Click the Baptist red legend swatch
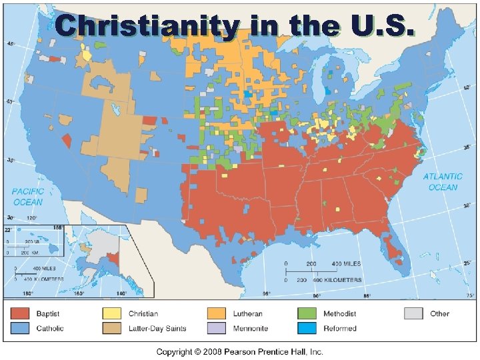click(21, 313)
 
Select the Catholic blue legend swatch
click(21, 328)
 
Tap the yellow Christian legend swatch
click(112, 313)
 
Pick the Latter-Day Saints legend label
click(158, 328)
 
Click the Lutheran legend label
click(247, 313)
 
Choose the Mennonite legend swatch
click(216, 328)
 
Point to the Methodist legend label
click(339, 313)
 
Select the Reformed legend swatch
click(307, 328)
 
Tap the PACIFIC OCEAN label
click(27, 197)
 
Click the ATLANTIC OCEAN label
click(443, 182)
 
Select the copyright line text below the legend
click(239, 351)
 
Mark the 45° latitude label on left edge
click(11, 44)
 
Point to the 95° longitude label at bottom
click(267, 294)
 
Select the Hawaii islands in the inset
click(33, 239)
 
